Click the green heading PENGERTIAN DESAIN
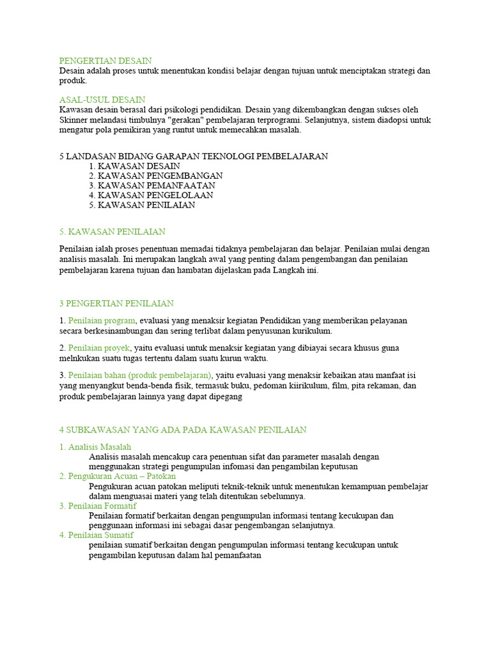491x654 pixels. click(105, 61)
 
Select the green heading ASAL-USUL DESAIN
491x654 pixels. click(102, 100)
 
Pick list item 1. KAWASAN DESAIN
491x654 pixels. click(135, 165)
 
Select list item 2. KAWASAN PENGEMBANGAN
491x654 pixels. click(156, 176)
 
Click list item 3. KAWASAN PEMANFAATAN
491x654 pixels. click(152, 185)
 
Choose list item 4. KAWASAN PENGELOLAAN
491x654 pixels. click(152, 195)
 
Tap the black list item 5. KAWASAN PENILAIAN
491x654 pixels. click(142, 205)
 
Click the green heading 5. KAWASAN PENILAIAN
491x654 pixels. click(112, 231)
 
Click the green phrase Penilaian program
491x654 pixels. click(102, 321)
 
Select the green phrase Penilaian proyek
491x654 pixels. click(99, 348)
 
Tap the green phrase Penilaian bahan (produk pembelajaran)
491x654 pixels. click(140, 375)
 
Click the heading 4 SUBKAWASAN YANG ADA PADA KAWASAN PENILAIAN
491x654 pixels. click(183, 430)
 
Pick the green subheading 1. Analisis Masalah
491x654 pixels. click(95, 447)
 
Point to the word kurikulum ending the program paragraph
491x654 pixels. click(313, 331)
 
